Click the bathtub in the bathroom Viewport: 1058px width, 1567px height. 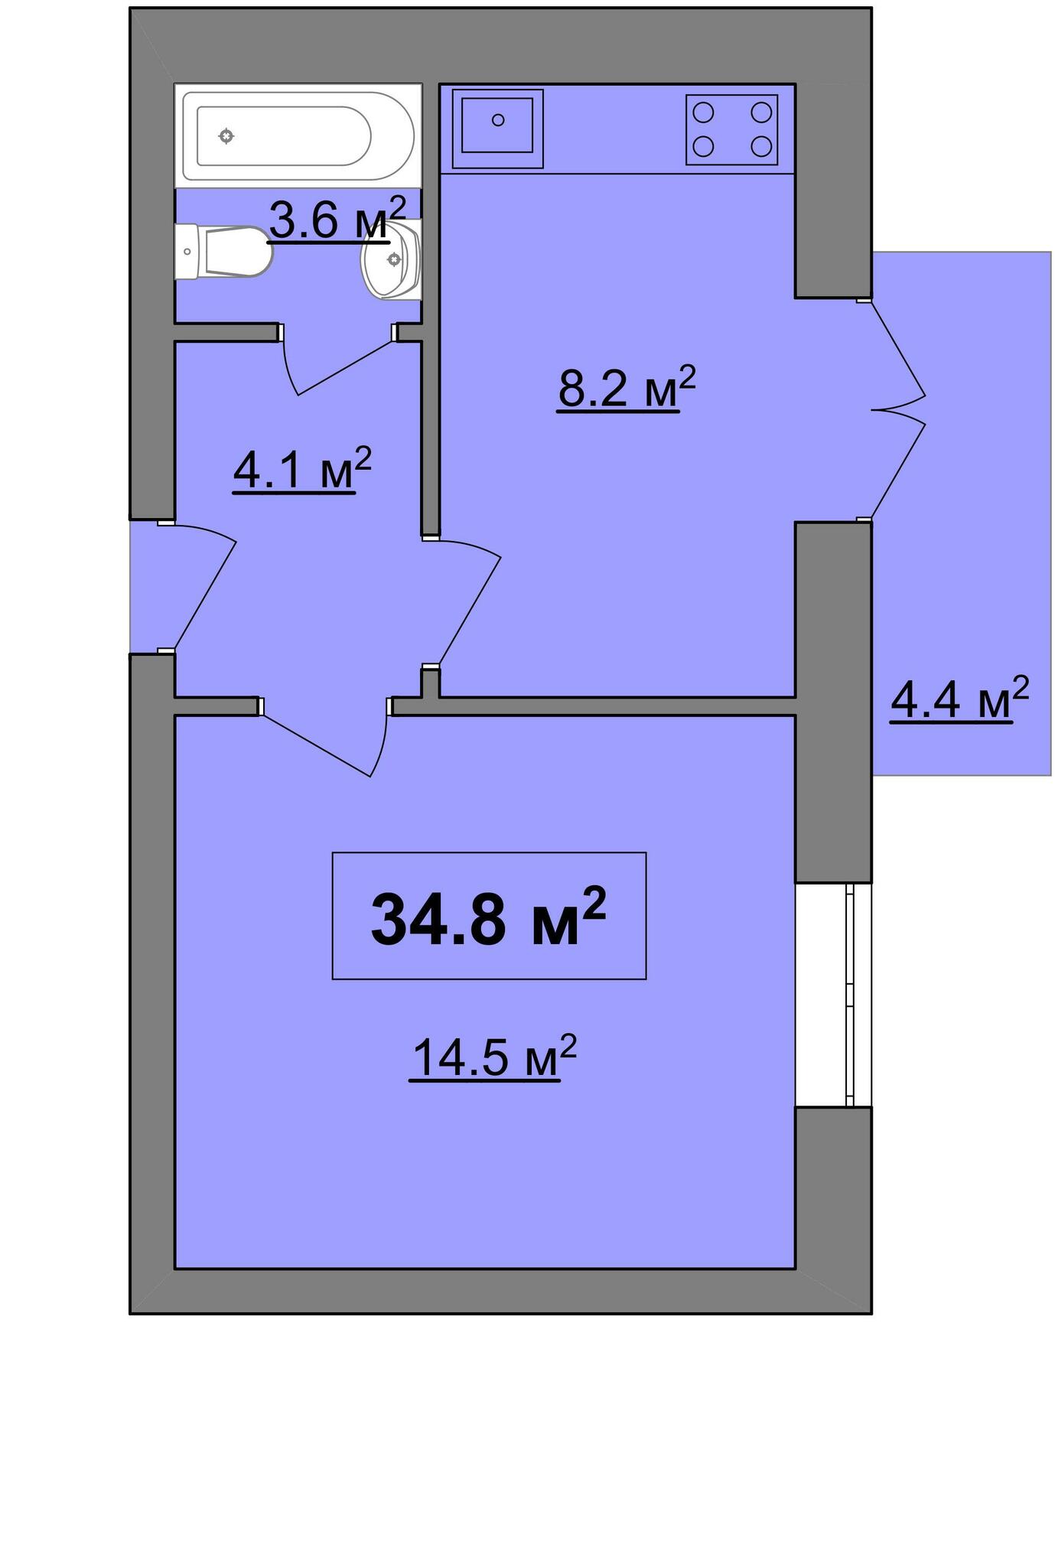298,135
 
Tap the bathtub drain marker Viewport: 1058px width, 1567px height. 226,136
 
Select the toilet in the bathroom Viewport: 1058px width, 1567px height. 223,251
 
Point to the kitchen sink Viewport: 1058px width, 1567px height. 497,128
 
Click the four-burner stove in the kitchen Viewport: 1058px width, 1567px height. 731,129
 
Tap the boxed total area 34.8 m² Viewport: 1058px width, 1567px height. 489,916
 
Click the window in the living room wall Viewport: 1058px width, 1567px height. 835,995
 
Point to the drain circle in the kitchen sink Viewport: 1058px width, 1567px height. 498,120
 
